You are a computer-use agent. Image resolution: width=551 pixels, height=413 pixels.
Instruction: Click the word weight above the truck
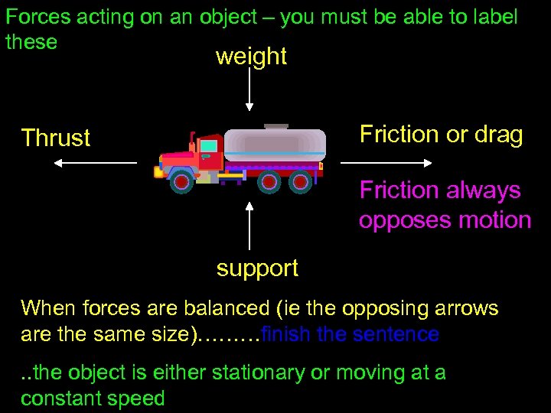(251, 57)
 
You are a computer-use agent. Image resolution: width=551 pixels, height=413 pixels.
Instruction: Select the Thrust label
(56, 138)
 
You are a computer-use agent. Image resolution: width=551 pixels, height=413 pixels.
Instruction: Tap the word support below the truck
(257, 268)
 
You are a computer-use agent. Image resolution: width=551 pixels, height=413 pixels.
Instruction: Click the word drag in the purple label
(498, 135)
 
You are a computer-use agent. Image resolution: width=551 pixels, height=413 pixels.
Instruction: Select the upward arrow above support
(249, 226)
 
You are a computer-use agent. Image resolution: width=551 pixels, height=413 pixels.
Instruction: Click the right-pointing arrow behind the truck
(386, 163)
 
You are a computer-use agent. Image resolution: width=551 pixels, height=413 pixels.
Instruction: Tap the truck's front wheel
(181, 180)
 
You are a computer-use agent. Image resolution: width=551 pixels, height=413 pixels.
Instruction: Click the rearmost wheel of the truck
(300, 181)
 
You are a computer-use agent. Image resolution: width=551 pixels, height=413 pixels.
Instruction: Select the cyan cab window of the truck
(208, 146)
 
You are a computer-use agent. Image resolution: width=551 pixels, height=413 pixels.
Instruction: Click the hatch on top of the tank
(275, 126)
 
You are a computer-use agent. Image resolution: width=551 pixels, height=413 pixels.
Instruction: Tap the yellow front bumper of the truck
(158, 172)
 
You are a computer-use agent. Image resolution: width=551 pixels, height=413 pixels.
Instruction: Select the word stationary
(242, 373)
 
